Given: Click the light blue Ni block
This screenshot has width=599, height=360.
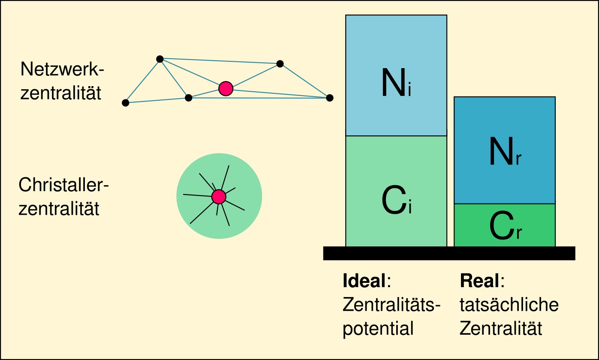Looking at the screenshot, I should (x=396, y=75).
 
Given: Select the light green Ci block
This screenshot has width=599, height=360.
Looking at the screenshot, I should (x=396, y=191).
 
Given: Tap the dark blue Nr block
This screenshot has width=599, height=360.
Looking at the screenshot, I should (x=505, y=150).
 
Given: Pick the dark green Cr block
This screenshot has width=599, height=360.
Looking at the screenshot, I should (x=505, y=225).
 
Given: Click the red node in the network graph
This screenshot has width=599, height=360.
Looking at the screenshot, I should (x=226, y=88).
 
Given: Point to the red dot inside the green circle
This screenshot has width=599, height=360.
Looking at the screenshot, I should (x=219, y=197).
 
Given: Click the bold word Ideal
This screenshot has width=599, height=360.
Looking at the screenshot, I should (x=364, y=281).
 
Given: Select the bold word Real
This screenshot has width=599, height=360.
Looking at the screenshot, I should (x=480, y=281).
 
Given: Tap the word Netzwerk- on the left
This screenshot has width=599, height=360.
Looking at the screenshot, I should (x=63, y=69).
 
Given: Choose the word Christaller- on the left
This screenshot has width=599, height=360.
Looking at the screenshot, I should (x=64, y=186).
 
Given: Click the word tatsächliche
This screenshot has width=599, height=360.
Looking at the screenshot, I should (x=509, y=305).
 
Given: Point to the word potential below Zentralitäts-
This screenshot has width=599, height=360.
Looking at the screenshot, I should (x=378, y=329).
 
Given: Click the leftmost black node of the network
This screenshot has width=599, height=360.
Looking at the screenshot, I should (x=125, y=103).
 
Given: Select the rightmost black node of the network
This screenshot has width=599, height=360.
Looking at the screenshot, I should (x=329, y=98).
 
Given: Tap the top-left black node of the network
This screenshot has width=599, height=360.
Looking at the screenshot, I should (x=160, y=59).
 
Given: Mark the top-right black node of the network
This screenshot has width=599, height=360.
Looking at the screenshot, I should (x=280, y=64).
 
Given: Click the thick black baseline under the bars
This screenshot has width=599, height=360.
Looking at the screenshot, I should (x=449, y=253).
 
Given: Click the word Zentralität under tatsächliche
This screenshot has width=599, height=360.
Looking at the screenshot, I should (x=501, y=329).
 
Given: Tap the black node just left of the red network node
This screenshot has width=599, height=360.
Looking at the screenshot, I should (x=188, y=98).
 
